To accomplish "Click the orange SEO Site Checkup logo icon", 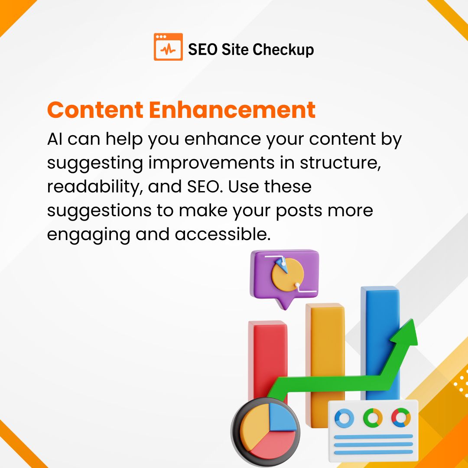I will coord(168,47).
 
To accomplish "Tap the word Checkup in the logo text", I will coord(283,49).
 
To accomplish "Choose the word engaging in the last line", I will coord(88,235).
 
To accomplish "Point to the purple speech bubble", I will coord(284,277).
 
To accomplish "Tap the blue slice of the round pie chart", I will coord(282,418).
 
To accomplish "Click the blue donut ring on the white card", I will coord(344,418).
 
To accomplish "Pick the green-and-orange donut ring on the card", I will coord(373,418).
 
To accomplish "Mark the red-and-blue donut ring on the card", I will coord(401,417).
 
